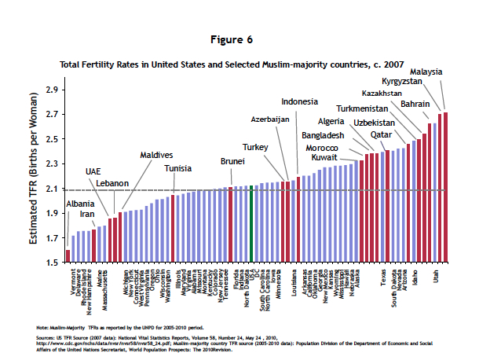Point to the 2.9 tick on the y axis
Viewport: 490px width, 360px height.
[51, 90]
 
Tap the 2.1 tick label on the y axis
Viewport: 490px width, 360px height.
[51, 189]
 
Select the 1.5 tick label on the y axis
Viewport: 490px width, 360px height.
[51, 263]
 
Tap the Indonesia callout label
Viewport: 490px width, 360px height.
[299, 102]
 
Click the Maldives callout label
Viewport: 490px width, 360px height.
[156, 155]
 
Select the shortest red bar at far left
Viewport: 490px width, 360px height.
[68, 256]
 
